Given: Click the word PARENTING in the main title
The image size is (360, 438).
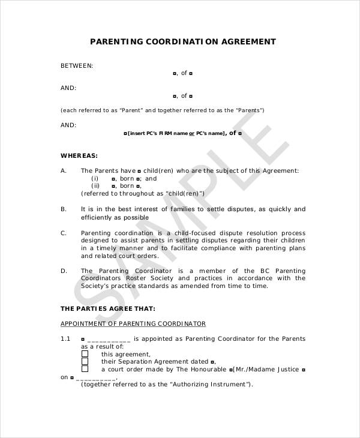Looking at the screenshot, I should point(116,42).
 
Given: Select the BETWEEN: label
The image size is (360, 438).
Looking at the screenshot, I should point(77,65).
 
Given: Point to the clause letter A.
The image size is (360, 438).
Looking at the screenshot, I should point(64,170).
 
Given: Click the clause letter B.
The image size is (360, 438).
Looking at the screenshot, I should point(64,209).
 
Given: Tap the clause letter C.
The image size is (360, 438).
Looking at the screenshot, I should point(64,232).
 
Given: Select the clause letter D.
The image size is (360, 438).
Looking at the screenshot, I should point(64,271).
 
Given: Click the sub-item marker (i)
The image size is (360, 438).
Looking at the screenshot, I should point(95,178).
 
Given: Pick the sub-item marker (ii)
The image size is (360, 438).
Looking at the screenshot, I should point(95,186).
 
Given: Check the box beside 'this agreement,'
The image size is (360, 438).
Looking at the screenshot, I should point(85,354).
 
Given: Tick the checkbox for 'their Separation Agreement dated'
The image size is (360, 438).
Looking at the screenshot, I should point(85,362).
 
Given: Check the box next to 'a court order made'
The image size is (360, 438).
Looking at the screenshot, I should point(85,370).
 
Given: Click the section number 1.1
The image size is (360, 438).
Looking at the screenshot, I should point(66,339).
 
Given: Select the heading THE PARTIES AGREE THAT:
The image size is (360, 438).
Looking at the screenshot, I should point(108,308).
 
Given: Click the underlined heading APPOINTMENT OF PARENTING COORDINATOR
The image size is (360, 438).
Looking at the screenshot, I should point(133,324).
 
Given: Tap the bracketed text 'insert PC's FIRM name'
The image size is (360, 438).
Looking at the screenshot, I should point(157,133).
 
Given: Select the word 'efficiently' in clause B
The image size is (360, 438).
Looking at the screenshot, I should point(97,217).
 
